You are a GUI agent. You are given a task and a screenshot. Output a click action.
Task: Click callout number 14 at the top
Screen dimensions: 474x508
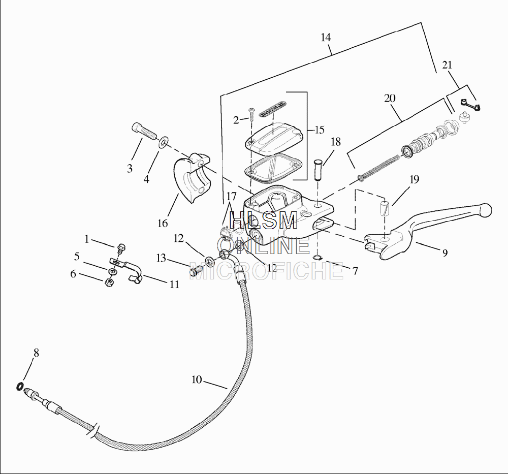pyautogui.click(x=326, y=37)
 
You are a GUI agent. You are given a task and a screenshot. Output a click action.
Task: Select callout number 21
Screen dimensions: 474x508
pyautogui.click(x=447, y=65)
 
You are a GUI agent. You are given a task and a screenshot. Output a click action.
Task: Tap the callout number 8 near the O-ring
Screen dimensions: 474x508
pyautogui.click(x=36, y=352)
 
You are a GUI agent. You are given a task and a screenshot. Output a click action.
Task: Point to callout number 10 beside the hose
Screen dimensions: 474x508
pyautogui.click(x=197, y=379)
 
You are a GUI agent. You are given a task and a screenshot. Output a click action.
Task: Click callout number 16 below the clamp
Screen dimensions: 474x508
pyautogui.click(x=163, y=223)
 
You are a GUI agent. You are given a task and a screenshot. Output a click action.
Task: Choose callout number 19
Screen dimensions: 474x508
pyautogui.click(x=415, y=179)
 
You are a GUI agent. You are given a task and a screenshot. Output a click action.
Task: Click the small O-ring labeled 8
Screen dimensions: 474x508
pyautogui.click(x=19, y=387)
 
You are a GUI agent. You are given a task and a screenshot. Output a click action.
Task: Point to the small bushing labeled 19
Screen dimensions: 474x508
pyautogui.click(x=385, y=209)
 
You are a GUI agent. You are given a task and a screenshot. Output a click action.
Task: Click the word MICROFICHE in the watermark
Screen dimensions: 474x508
pyautogui.click(x=267, y=271)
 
